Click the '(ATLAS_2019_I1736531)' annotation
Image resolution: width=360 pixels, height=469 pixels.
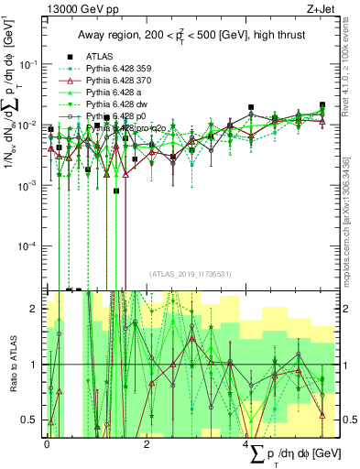[189, 273]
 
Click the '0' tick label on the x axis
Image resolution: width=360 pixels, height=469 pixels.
[47, 442]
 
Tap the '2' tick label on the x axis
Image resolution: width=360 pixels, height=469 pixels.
[147, 442]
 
